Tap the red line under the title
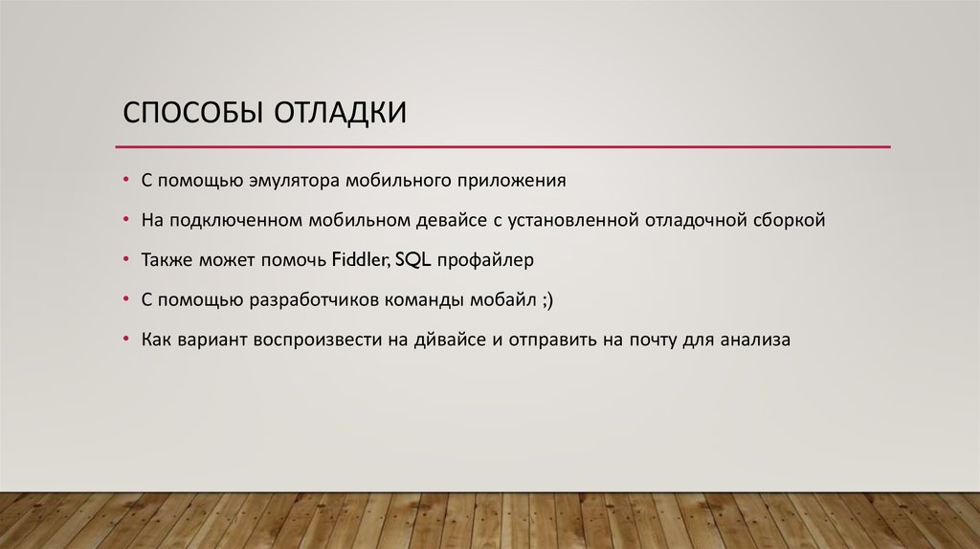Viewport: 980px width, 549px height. tap(502, 146)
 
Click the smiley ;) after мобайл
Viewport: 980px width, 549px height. tap(546, 299)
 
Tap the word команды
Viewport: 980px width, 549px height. tap(424, 299)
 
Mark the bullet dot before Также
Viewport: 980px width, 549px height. tap(126, 260)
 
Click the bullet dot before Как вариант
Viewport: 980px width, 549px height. tap(126, 340)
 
